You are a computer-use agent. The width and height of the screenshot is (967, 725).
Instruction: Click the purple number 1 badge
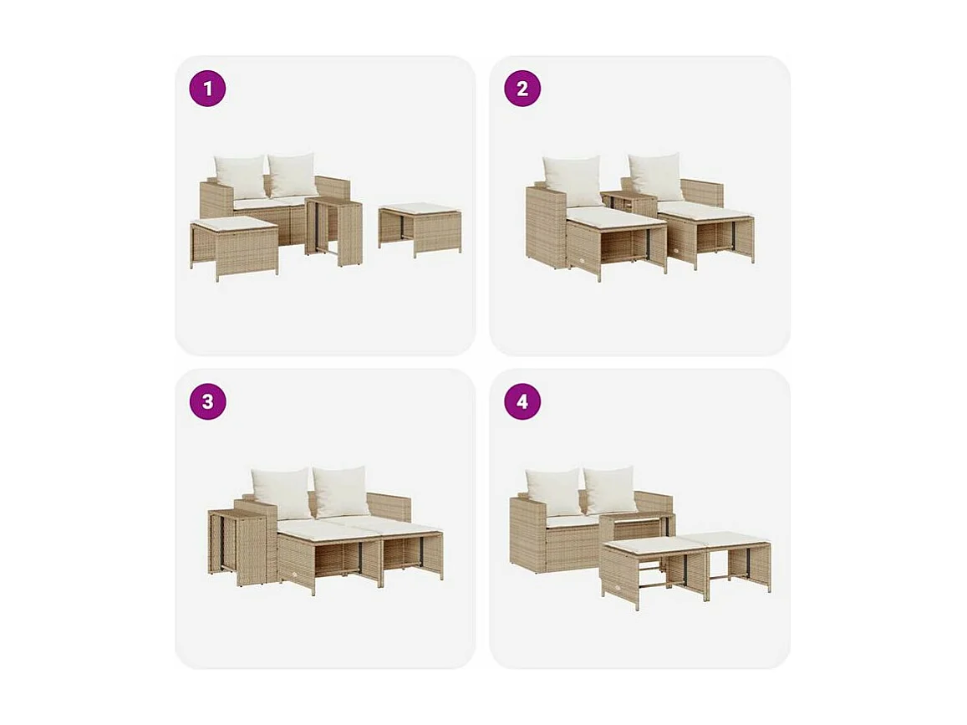(207, 89)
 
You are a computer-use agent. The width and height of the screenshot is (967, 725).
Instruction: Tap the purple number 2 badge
(522, 89)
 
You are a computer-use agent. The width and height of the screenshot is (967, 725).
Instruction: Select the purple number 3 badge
(207, 401)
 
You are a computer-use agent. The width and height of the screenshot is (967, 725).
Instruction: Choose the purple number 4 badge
(522, 401)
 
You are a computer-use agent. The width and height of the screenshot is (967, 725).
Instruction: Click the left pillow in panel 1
(240, 176)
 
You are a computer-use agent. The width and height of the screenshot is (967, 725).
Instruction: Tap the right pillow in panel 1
(293, 174)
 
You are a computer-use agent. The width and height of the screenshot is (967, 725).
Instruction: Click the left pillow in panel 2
(573, 181)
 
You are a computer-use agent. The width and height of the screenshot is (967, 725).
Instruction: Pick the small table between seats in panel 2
(629, 203)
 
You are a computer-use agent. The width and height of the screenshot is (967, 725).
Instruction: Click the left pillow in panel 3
(281, 492)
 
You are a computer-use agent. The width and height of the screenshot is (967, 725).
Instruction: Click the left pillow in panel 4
(552, 491)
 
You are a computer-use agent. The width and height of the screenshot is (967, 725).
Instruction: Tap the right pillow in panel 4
(611, 489)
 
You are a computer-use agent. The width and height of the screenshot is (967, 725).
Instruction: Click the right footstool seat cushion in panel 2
(704, 212)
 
